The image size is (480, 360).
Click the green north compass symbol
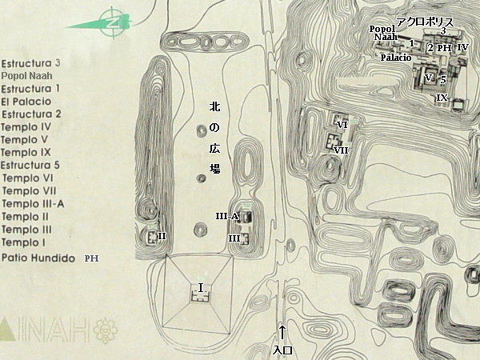[113, 23]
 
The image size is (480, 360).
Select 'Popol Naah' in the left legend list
[27, 76]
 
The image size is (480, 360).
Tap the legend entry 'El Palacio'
[26, 102]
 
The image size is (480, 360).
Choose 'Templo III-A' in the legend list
[33, 203]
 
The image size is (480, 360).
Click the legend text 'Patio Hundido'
[38, 258]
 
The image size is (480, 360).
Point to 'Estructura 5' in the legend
[30, 166]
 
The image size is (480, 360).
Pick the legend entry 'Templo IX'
[26, 153]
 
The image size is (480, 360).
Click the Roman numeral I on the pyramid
[201, 288]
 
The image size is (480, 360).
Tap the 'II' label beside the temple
[162, 236]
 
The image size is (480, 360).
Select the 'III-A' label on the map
[227, 217]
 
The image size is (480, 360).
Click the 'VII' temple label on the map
[341, 150]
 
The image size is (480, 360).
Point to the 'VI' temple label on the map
[342, 125]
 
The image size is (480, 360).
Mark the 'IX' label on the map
[442, 98]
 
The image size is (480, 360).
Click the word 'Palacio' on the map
[396, 58]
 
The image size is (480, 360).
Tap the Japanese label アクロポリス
[425, 22]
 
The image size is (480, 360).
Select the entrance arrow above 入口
[282, 333]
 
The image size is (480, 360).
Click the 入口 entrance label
[282, 350]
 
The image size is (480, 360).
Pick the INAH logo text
[45, 330]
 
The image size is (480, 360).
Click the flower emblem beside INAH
[106, 330]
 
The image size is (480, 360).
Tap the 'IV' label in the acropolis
[463, 47]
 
